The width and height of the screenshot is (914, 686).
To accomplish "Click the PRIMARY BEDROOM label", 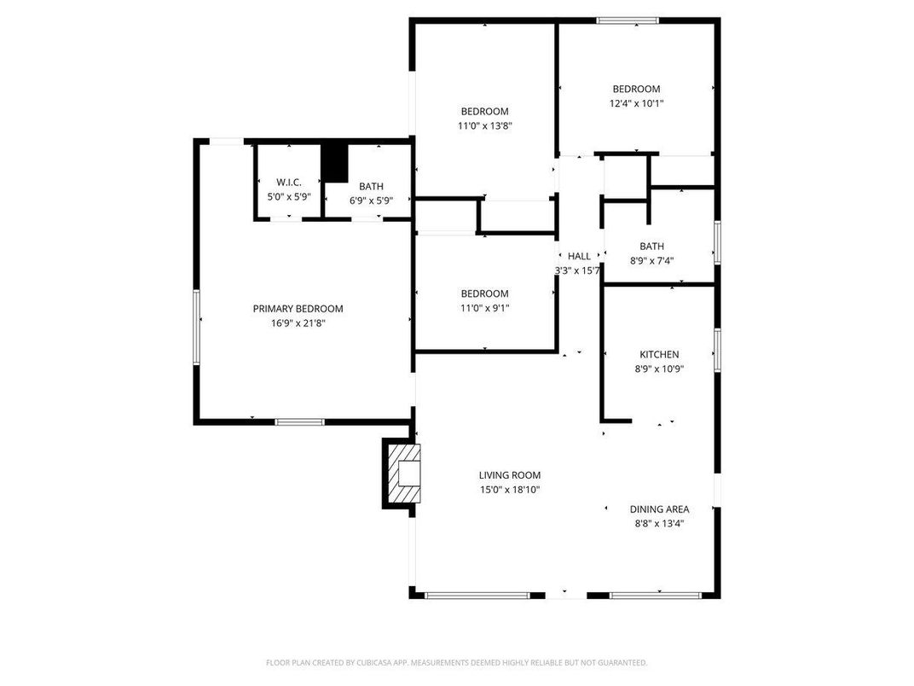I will tap(298, 309).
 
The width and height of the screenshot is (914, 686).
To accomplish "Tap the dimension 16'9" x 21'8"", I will tap(298, 323).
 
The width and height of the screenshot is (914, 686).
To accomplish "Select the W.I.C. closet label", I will tap(289, 183).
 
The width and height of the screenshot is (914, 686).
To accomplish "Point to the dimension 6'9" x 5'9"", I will tap(371, 201).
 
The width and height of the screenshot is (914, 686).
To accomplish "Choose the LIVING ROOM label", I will tap(509, 475).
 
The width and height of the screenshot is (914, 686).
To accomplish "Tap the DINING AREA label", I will tap(659, 509).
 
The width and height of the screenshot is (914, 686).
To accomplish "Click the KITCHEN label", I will tap(659, 355).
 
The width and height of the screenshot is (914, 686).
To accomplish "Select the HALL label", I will tap(579, 256).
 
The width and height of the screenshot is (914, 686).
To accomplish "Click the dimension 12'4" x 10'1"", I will tap(636, 103).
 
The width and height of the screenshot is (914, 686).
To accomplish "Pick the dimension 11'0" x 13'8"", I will tap(484, 125).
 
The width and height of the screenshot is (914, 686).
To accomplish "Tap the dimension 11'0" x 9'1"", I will tap(484, 308).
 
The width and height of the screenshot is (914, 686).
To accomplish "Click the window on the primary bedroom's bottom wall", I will tap(299, 421).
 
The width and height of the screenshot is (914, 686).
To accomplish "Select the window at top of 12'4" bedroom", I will tap(627, 20).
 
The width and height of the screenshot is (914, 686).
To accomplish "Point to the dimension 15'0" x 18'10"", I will tap(509, 490).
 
